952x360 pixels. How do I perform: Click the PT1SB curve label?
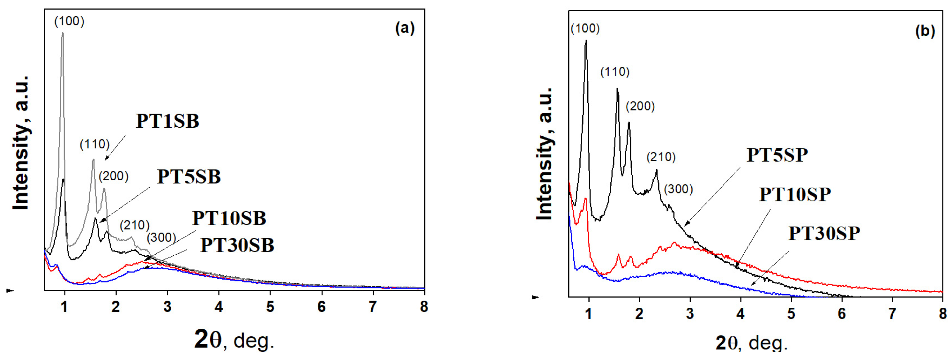point(167,121)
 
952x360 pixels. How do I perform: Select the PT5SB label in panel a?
point(189,177)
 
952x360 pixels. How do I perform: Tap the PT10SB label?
point(229,218)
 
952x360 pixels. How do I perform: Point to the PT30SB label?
point(237,245)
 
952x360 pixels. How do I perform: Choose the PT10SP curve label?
point(795,194)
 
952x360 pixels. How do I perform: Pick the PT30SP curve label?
point(824,234)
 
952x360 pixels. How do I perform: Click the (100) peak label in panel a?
point(69,21)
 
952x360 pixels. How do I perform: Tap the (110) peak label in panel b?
point(614,72)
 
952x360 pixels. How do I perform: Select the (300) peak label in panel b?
point(678,189)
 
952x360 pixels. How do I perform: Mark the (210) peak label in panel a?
point(135,225)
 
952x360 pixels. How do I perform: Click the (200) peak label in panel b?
point(640,107)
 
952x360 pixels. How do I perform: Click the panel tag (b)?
point(925,31)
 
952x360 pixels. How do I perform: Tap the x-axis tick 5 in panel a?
point(270,307)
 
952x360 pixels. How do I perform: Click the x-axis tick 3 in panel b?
point(690,314)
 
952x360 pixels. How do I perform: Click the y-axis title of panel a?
point(21,142)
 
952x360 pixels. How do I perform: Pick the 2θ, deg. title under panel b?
point(751,343)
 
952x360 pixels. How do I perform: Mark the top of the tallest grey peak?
point(63,33)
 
